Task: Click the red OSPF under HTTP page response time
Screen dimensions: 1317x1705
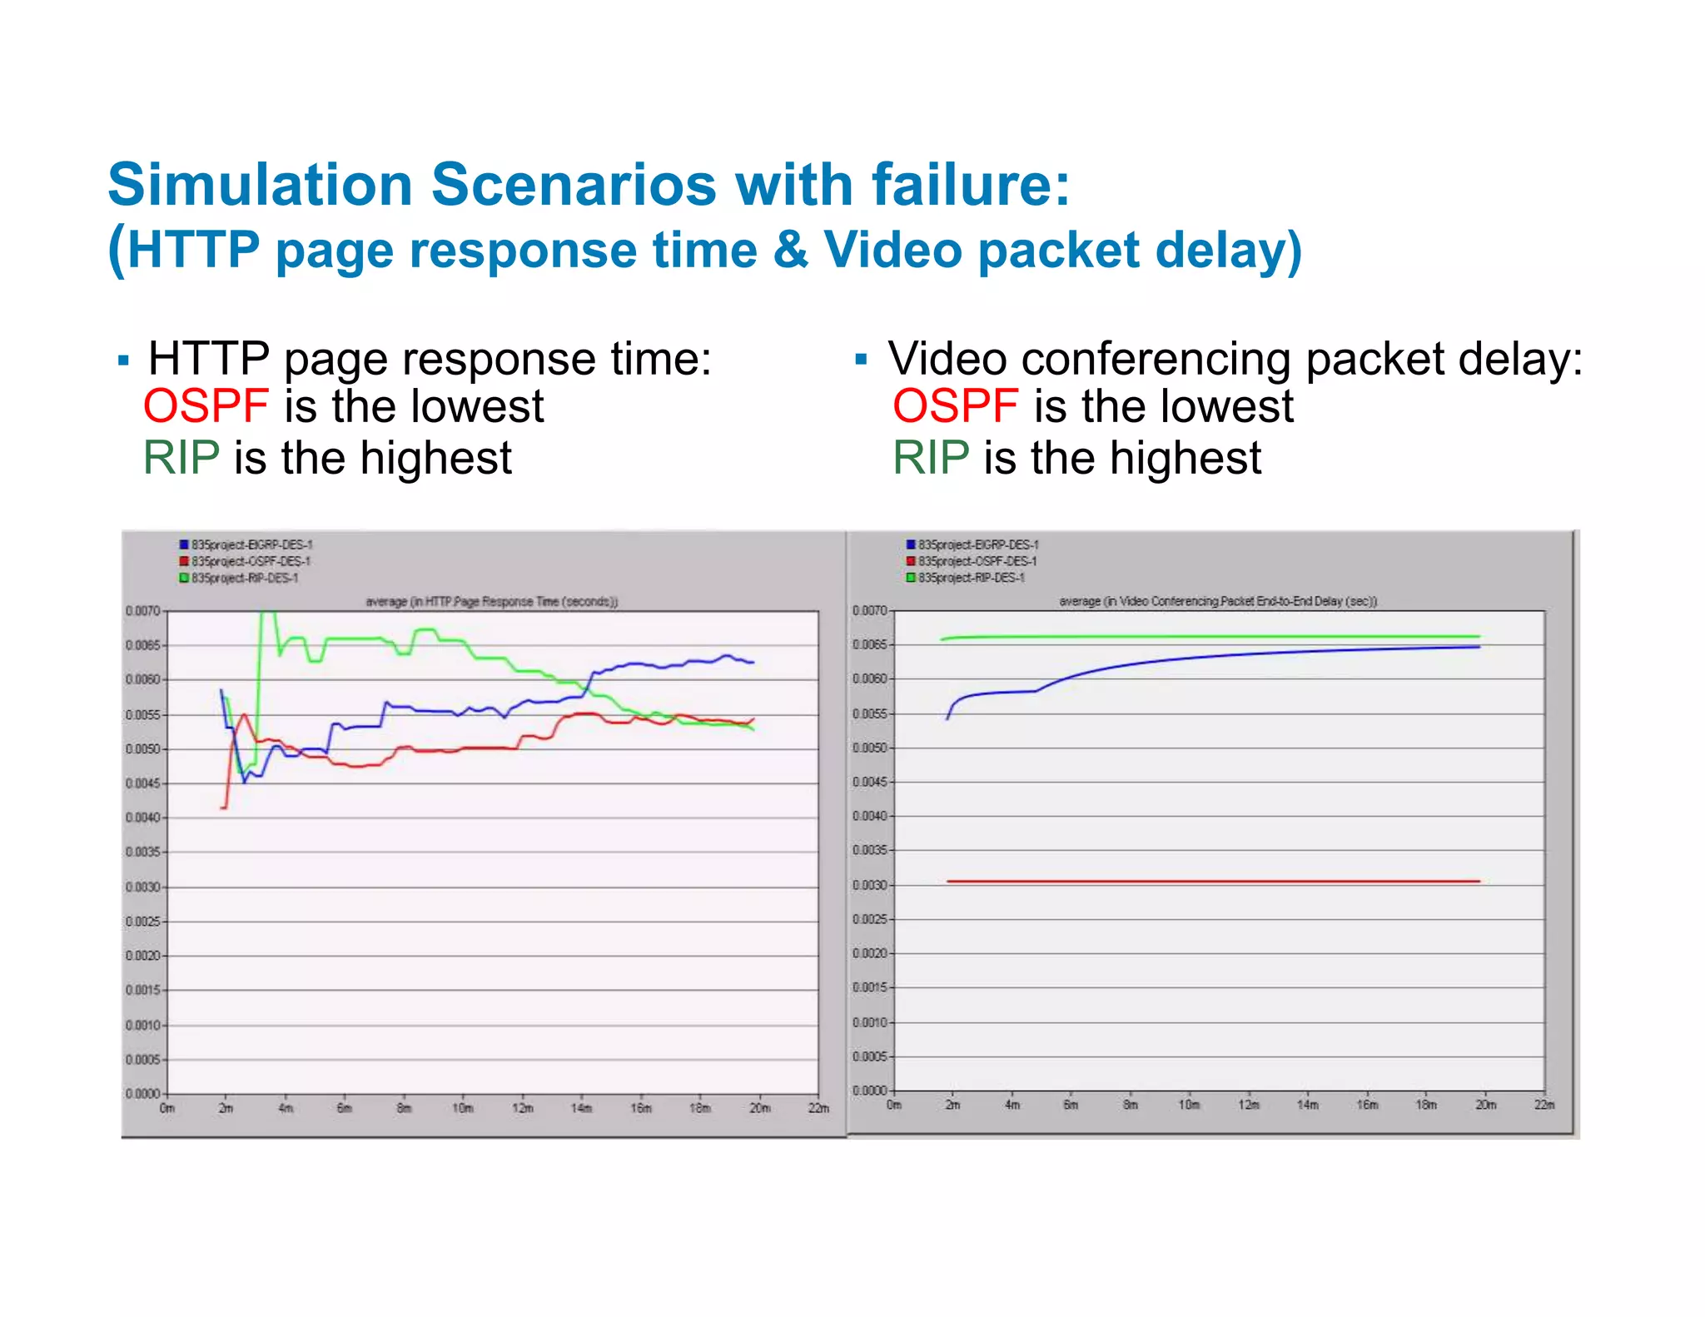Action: click(x=206, y=406)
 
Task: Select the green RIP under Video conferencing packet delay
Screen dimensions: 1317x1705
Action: click(x=931, y=458)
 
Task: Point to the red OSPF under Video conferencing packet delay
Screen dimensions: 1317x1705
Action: click(x=955, y=406)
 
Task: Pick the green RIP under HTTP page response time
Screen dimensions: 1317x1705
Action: click(x=181, y=458)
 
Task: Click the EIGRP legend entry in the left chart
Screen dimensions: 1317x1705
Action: click(x=251, y=544)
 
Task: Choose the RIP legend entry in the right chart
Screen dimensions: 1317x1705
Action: click(x=970, y=578)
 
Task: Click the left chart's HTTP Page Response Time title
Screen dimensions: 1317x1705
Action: click(x=491, y=601)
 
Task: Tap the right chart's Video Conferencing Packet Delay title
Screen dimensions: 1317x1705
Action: click(x=1218, y=601)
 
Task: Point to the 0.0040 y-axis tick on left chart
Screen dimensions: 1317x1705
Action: click(x=142, y=818)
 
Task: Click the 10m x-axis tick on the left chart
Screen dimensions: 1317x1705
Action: click(x=463, y=1108)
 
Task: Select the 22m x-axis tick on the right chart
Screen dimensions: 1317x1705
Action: click(x=1544, y=1105)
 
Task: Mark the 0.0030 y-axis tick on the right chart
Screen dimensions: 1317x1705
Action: click(x=869, y=885)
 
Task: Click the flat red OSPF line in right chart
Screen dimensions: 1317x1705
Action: click(x=1207, y=881)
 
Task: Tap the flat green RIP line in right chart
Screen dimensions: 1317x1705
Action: click(x=1207, y=637)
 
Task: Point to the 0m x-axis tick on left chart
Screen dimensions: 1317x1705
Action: click(x=167, y=1108)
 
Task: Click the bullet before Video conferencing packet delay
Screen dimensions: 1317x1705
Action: click(x=861, y=360)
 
